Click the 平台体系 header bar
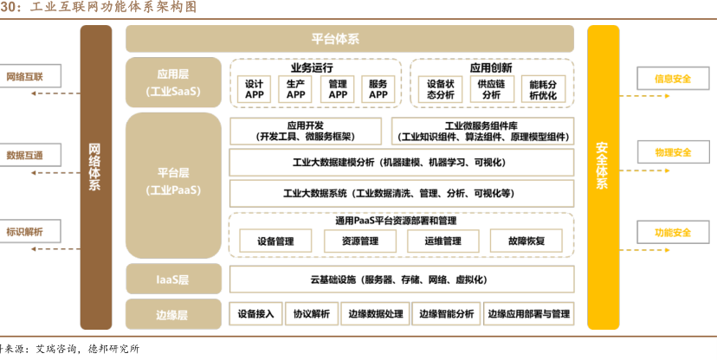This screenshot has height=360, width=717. [x=349, y=39]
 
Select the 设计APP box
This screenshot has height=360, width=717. [x=255, y=89]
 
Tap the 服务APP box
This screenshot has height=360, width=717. [x=378, y=89]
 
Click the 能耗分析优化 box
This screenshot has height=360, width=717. [x=543, y=89]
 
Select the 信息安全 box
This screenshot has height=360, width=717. [x=673, y=79]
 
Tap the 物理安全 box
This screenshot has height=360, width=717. [x=673, y=153]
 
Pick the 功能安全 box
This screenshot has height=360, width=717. [x=673, y=233]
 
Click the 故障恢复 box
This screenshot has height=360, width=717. [x=526, y=241]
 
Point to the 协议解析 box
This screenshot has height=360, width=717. [x=312, y=313]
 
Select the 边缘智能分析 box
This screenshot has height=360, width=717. [x=447, y=313]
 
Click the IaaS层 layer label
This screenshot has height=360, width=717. [x=173, y=280]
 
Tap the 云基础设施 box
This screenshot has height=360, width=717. [x=401, y=280]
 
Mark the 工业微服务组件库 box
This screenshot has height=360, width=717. [x=482, y=131]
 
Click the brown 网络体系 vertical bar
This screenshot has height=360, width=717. [x=95, y=177]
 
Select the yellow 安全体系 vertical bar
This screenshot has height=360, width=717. [x=603, y=177]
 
